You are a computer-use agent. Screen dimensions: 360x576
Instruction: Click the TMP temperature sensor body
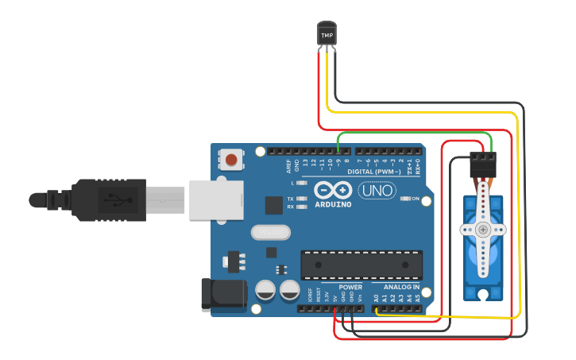(x=327, y=34)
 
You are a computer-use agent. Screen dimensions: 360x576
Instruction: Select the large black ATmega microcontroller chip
(x=361, y=265)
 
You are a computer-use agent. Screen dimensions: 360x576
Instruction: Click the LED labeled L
(x=301, y=183)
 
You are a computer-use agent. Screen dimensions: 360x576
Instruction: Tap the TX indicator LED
(x=301, y=198)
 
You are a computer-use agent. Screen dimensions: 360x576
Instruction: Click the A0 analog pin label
(x=376, y=297)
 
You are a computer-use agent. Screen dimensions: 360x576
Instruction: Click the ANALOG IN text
(x=401, y=287)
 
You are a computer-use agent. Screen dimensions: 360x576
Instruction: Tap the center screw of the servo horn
(x=483, y=230)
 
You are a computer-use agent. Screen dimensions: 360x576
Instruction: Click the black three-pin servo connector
(x=482, y=164)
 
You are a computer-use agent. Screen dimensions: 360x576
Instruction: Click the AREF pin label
(x=289, y=165)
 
